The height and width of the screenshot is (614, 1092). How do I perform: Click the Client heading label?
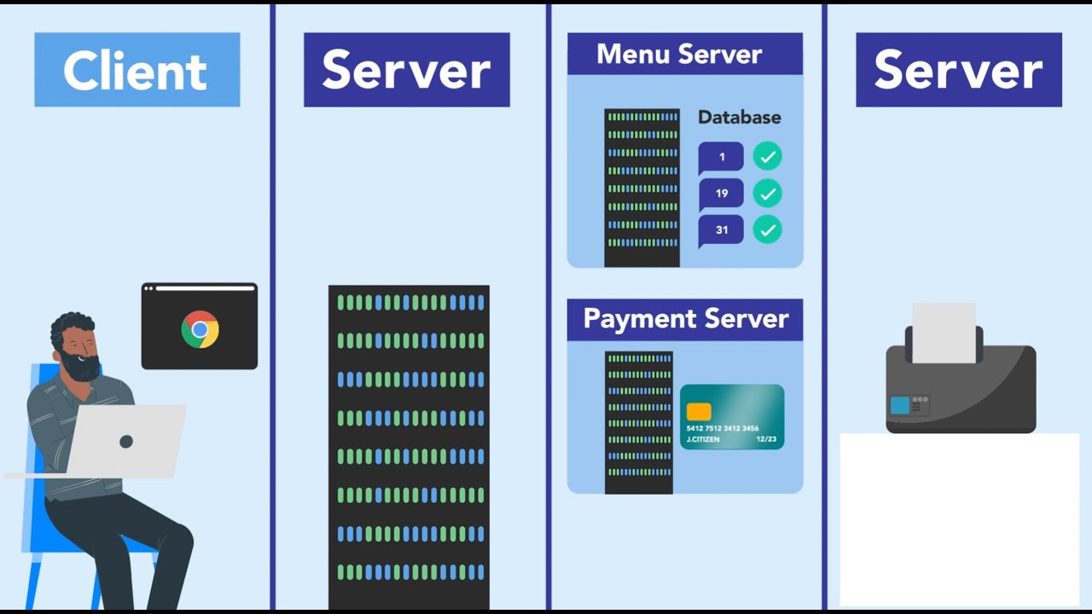pyautogui.click(x=136, y=70)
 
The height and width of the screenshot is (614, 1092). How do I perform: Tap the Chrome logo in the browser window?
pyautogui.click(x=200, y=329)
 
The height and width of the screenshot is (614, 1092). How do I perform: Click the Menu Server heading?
pyautogui.click(x=679, y=54)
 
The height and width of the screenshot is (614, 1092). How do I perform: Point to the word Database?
pyautogui.click(x=739, y=117)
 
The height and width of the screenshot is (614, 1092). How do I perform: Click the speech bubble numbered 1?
pyautogui.click(x=721, y=157)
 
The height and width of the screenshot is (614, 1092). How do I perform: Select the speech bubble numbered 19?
pyautogui.click(x=721, y=194)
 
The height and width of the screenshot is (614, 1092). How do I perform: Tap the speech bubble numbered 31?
pyautogui.click(x=721, y=230)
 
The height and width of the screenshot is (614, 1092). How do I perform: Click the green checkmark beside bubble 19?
pyautogui.click(x=767, y=194)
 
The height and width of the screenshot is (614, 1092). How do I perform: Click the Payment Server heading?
pyautogui.click(x=685, y=319)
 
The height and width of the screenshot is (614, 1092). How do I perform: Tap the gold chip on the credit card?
pyautogui.click(x=699, y=411)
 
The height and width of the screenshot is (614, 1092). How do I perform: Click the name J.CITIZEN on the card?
pyautogui.click(x=703, y=439)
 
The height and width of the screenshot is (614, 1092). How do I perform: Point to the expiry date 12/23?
pyautogui.click(x=765, y=439)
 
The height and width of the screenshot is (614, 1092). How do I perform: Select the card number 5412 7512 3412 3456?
pyautogui.click(x=723, y=428)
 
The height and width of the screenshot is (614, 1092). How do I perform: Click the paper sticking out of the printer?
pyautogui.click(x=944, y=332)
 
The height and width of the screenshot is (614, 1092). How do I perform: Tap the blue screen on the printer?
pyautogui.click(x=900, y=406)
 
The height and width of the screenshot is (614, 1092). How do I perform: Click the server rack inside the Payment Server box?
pyautogui.click(x=639, y=422)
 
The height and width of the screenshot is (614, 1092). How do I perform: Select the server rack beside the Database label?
pyautogui.click(x=642, y=188)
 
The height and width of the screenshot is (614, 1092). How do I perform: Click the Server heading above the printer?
pyautogui.click(x=958, y=70)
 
